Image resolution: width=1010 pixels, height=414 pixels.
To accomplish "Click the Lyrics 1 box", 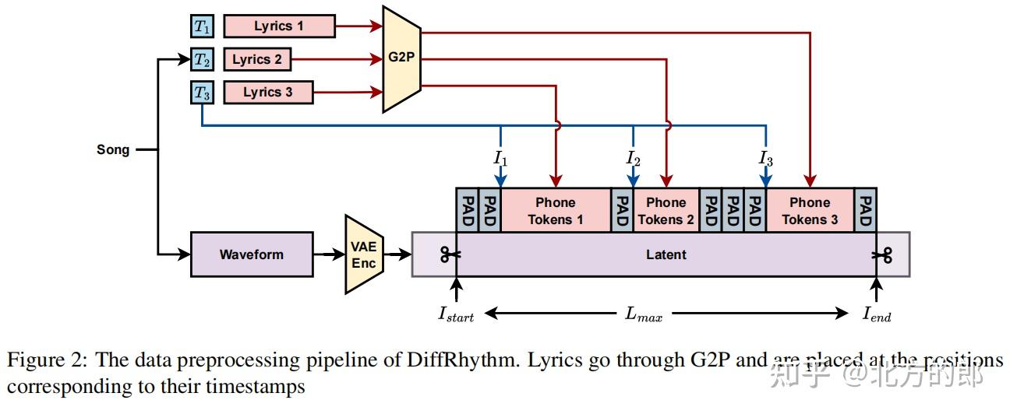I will [279, 26].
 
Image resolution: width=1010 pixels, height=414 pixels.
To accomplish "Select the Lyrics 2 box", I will [257, 59].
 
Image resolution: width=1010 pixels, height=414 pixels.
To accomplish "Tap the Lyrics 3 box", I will [268, 93].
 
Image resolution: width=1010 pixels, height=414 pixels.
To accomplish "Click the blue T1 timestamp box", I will [202, 26].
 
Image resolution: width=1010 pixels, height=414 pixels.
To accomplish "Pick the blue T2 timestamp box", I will [202, 59].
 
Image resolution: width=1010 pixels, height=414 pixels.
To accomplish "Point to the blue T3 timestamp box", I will [202, 93].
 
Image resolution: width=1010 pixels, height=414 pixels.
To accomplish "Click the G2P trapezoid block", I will [401, 58].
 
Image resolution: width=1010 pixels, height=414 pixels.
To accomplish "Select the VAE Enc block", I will [363, 254].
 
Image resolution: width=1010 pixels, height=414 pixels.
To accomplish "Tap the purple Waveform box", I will [252, 254].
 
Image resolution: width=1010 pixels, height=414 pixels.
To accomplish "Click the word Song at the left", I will [113, 149].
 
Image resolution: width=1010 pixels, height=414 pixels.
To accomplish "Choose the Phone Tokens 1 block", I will [556, 210].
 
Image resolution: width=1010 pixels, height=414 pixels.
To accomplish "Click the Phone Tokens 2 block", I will [666, 210].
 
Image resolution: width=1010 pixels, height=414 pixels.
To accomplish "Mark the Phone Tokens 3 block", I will [810, 210].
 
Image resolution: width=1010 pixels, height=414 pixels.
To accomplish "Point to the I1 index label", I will [500, 158].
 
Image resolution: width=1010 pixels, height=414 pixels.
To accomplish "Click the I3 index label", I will [766, 158].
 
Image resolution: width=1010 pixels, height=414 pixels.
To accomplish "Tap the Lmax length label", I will [644, 314].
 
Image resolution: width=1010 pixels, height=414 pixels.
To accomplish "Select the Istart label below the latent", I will [456, 314].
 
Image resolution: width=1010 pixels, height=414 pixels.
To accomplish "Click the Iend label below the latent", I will [877, 314].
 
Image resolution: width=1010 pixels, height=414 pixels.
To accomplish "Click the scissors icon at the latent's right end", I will [883, 254].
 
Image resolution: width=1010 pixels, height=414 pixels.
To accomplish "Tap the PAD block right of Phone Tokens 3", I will [865, 210].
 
